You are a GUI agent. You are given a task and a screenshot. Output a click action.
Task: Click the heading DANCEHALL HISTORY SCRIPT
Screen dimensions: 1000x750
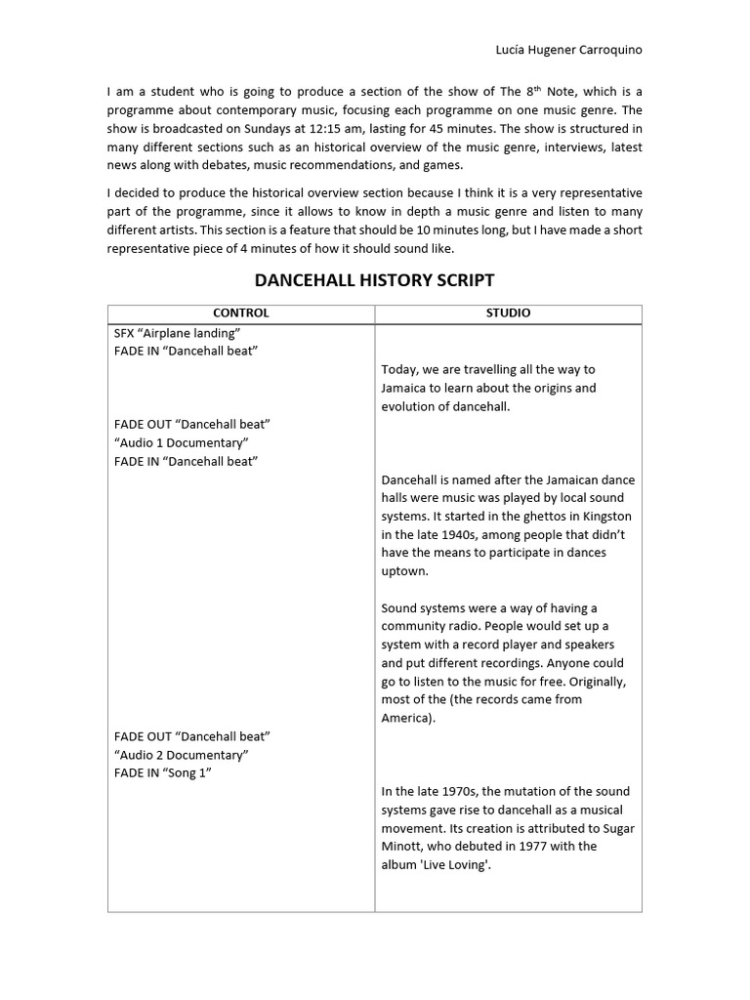[374, 280]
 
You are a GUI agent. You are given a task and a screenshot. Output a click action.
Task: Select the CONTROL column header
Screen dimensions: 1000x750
[240, 313]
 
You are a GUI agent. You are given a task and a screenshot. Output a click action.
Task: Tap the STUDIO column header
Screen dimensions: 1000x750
[508, 313]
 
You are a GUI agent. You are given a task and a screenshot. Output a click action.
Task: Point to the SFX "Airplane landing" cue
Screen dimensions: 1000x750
[177, 333]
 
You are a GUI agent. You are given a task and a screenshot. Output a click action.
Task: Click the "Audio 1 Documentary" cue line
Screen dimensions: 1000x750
[181, 442]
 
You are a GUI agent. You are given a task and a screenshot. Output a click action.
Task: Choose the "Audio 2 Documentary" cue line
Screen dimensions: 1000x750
[181, 755]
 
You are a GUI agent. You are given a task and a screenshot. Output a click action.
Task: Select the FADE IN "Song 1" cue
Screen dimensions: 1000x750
[162, 773]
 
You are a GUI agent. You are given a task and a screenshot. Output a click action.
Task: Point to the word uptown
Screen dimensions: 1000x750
[403, 571]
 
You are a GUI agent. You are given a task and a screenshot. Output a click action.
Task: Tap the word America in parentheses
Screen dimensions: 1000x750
[406, 718]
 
